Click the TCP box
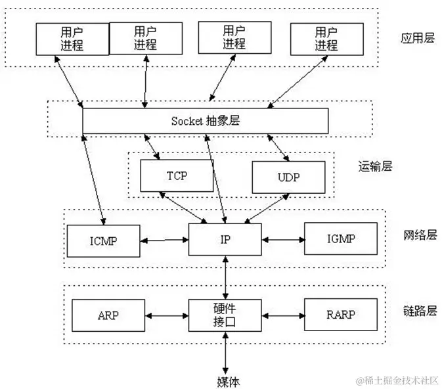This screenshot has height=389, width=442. pos(177,175)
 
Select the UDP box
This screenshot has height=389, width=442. pos(288,177)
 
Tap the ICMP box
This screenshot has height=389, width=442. pos(104,241)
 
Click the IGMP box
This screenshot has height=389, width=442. pos(341,239)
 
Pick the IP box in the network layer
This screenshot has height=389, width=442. pos(225,239)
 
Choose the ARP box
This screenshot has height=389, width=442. pos(108,315)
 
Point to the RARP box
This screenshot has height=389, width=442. pos(341,315)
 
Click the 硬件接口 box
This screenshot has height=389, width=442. pos(225,315)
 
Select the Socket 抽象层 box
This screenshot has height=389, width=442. pos(205,121)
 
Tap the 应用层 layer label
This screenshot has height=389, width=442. pos(418,38)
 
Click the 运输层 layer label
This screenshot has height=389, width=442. pos(375,166)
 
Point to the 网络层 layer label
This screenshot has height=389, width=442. pos(420,235)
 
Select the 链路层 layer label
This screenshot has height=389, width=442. pos(420,311)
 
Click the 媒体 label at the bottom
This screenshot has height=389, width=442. pos(229,381)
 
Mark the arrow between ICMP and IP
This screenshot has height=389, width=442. pos(164,240)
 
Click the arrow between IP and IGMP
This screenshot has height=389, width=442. pos(283,240)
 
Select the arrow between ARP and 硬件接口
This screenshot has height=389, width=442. pos(167,315)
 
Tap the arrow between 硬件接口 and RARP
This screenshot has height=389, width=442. pos(283,315)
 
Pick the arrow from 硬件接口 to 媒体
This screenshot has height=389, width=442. pos(225,353)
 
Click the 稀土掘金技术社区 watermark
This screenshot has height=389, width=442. pos(397,380)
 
